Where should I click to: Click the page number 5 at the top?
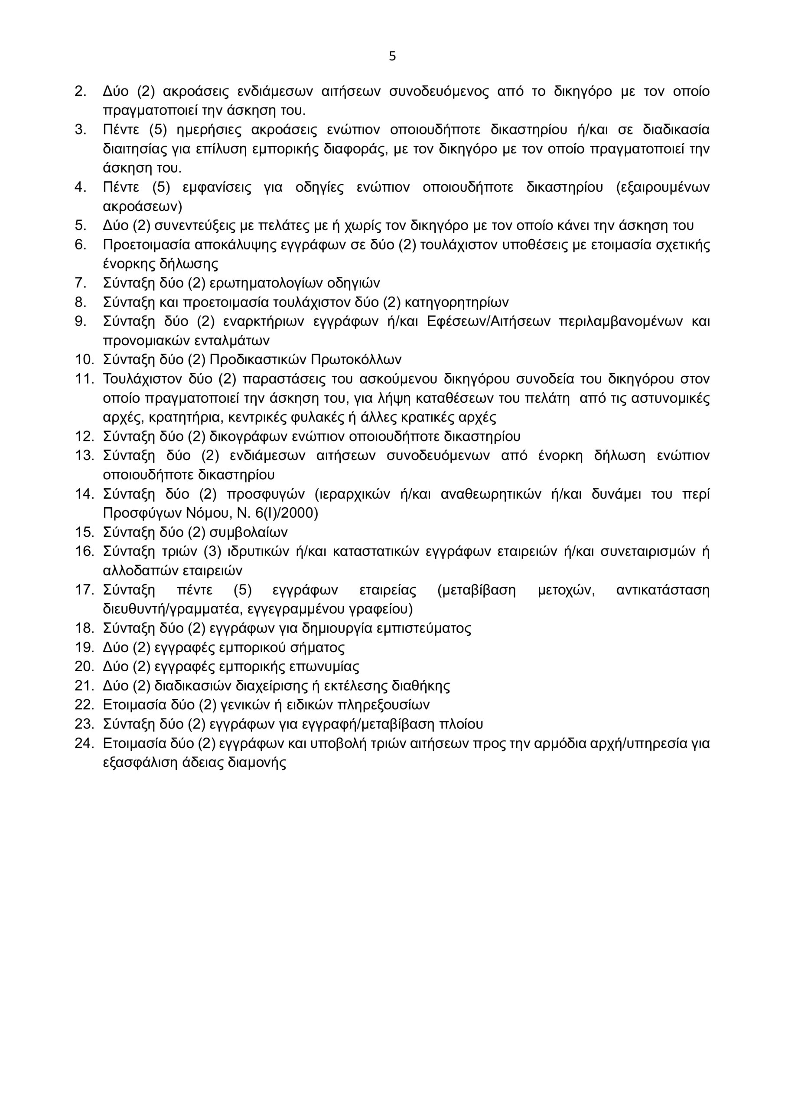click(x=392, y=56)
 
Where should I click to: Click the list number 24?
click(x=84, y=743)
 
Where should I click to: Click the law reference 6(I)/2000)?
click(x=287, y=513)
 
